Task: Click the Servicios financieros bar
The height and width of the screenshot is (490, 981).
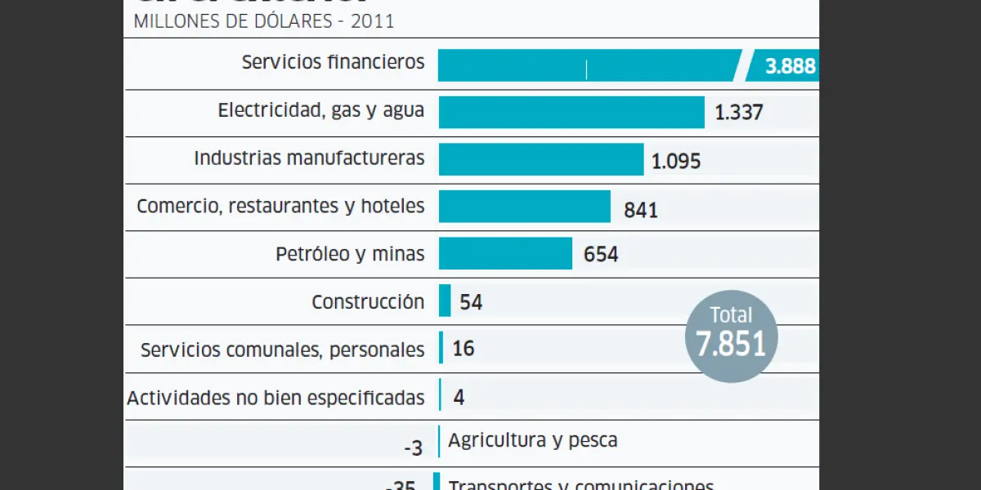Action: click(x=589, y=65)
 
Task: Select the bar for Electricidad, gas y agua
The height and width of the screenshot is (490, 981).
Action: click(x=571, y=112)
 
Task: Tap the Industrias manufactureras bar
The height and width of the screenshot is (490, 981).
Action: click(x=541, y=159)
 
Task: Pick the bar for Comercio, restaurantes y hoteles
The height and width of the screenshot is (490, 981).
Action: click(x=525, y=207)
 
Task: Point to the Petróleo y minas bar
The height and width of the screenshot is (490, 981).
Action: click(x=505, y=253)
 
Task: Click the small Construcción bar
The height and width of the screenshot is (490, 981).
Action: click(x=445, y=301)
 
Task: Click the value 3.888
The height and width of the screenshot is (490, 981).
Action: click(x=790, y=66)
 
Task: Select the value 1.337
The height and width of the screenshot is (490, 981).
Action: click(x=739, y=113)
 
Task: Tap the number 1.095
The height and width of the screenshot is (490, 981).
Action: click(x=676, y=161)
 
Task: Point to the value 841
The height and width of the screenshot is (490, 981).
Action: click(x=641, y=210)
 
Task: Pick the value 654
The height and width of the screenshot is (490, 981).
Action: click(x=601, y=255)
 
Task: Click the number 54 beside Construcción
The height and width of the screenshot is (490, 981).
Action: click(x=471, y=302)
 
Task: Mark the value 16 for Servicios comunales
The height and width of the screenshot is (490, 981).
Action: click(x=463, y=349)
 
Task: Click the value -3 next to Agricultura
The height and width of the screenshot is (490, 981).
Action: click(x=413, y=448)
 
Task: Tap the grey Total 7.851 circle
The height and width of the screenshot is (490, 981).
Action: click(x=731, y=336)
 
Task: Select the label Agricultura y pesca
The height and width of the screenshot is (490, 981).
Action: click(x=533, y=441)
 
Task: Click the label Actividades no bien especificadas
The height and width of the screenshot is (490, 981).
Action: click(x=275, y=398)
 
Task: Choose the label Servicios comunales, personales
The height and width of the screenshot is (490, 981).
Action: click(x=282, y=350)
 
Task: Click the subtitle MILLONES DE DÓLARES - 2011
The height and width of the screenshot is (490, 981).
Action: click(x=263, y=21)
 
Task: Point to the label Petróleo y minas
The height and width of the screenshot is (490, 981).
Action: click(x=350, y=254)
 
